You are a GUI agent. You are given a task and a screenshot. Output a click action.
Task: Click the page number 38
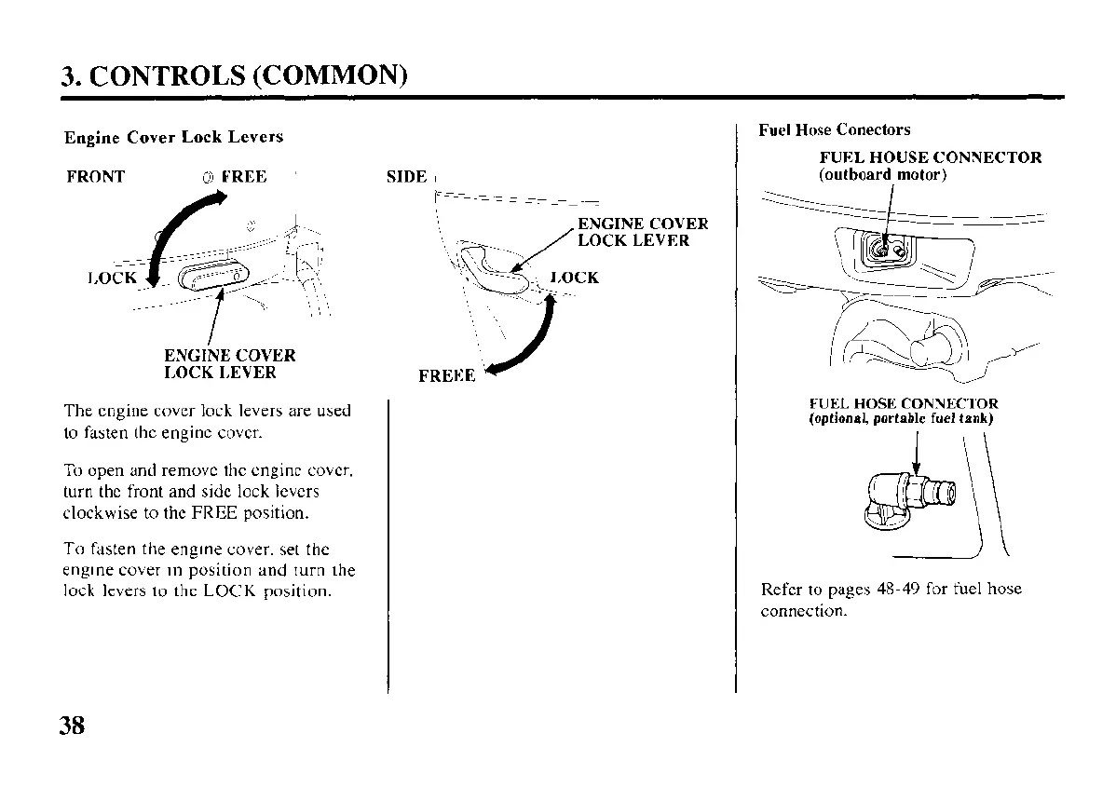tap(72, 725)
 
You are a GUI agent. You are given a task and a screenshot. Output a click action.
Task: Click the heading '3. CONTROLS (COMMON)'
tap(235, 75)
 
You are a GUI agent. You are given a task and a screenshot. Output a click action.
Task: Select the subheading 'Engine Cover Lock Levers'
tap(173, 137)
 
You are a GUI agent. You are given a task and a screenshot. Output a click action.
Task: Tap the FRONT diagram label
tap(96, 176)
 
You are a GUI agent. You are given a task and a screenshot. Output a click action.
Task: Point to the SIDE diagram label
tap(406, 177)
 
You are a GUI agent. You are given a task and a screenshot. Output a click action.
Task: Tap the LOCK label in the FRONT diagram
tap(112, 278)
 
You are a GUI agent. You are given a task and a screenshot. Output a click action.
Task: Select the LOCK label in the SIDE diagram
tap(575, 278)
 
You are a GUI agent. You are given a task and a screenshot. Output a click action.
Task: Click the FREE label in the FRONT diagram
tap(243, 176)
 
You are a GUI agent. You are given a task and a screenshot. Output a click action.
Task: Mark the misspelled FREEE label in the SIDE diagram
tap(447, 375)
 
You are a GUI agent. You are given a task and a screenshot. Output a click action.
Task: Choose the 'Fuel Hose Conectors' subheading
tap(835, 129)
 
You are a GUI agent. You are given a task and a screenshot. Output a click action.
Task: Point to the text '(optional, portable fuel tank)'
tap(901, 418)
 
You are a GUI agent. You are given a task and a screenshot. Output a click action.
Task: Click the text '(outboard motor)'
tap(883, 175)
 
